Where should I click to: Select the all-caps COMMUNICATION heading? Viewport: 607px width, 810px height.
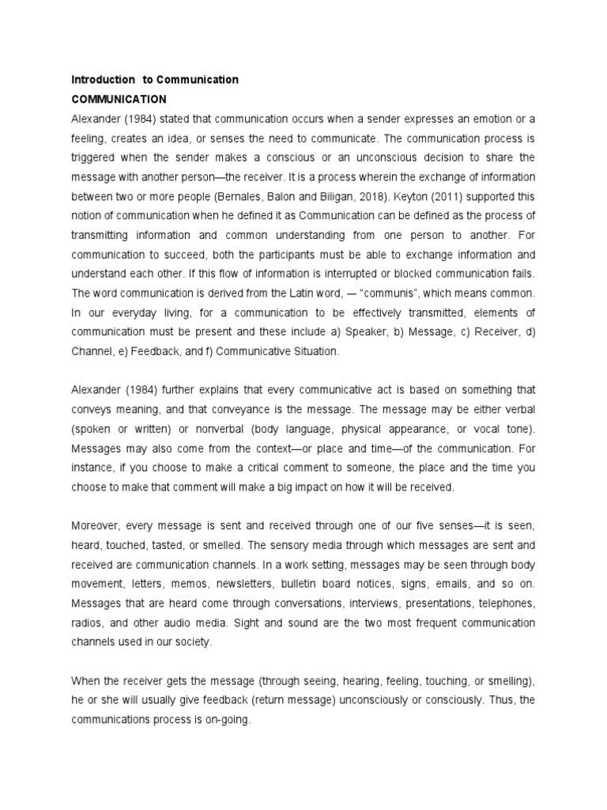(119, 100)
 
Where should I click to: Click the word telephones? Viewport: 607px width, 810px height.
(505, 603)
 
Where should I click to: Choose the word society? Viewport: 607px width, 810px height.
(194, 642)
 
